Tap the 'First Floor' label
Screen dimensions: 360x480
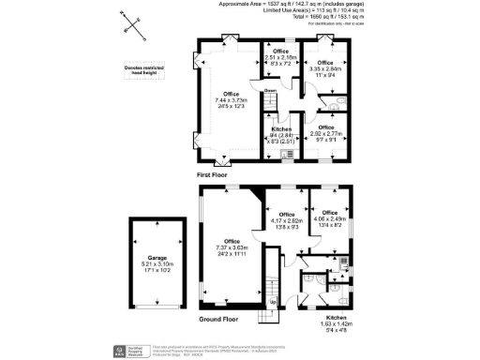click(x=214, y=175)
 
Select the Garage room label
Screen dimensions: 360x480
click(x=156, y=261)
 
